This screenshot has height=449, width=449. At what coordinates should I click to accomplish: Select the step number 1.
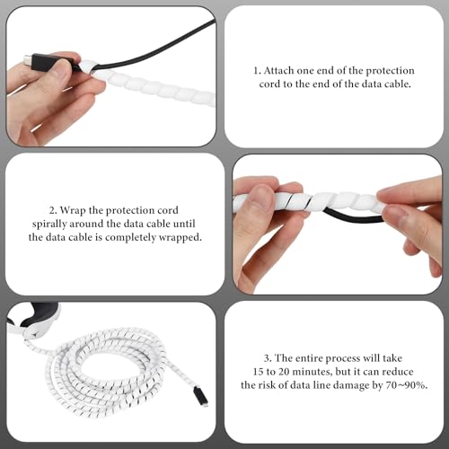(x=257, y=71)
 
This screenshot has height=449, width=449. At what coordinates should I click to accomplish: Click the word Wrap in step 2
(x=73, y=210)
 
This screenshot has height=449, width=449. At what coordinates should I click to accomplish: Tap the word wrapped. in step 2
(x=180, y=237)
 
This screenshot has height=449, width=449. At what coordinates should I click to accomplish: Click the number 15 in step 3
(x=258, y=372)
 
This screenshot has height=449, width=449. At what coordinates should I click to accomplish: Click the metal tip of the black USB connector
(x=28, y=58)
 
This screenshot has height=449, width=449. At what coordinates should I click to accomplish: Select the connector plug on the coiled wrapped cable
(x=201, y=396)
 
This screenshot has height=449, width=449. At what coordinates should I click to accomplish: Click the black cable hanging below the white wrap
(x=353, y=216)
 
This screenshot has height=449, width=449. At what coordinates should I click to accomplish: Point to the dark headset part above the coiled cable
(x=40, y=313)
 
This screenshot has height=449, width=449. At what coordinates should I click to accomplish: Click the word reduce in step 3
(x=398, y=372)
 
